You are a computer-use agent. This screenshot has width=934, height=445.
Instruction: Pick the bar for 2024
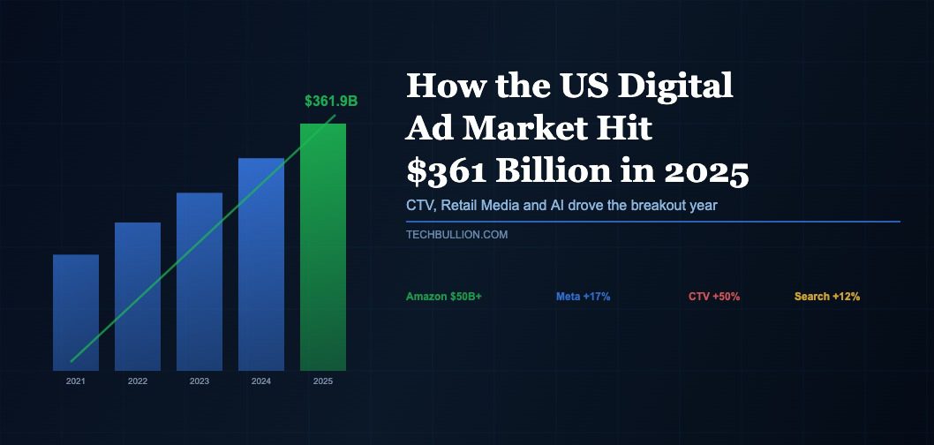coord(260,264)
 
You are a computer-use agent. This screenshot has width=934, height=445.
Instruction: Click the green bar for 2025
coord(322,246)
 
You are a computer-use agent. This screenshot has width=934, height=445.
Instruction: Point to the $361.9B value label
coord(331,102)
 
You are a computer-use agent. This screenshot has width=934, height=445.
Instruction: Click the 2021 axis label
coord(75,381)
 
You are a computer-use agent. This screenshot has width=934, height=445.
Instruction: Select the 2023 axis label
coord(199,381)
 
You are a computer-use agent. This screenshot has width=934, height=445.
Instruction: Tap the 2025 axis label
coord(322,381)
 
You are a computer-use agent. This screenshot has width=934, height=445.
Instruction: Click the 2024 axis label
coord(260,381)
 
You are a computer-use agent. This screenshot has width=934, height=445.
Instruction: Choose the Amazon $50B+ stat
coord(444,297)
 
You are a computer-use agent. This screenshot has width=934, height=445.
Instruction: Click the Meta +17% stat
coord(583,297)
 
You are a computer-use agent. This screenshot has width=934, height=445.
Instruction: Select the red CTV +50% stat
coord(714,297)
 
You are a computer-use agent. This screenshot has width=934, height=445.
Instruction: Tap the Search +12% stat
coord(827,297)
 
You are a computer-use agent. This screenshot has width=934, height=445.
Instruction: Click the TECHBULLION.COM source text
coord(456,235)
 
